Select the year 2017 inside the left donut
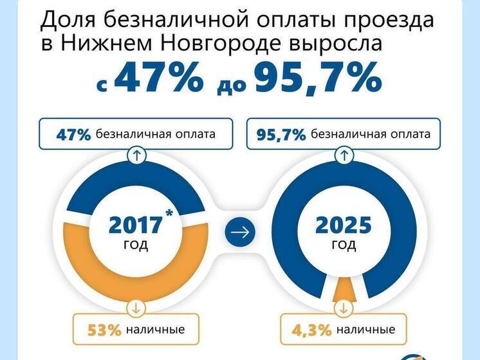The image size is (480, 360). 135,225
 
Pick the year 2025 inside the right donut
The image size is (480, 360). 344,225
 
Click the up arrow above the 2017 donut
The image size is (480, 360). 135,155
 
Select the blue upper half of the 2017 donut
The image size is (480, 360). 97,187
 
